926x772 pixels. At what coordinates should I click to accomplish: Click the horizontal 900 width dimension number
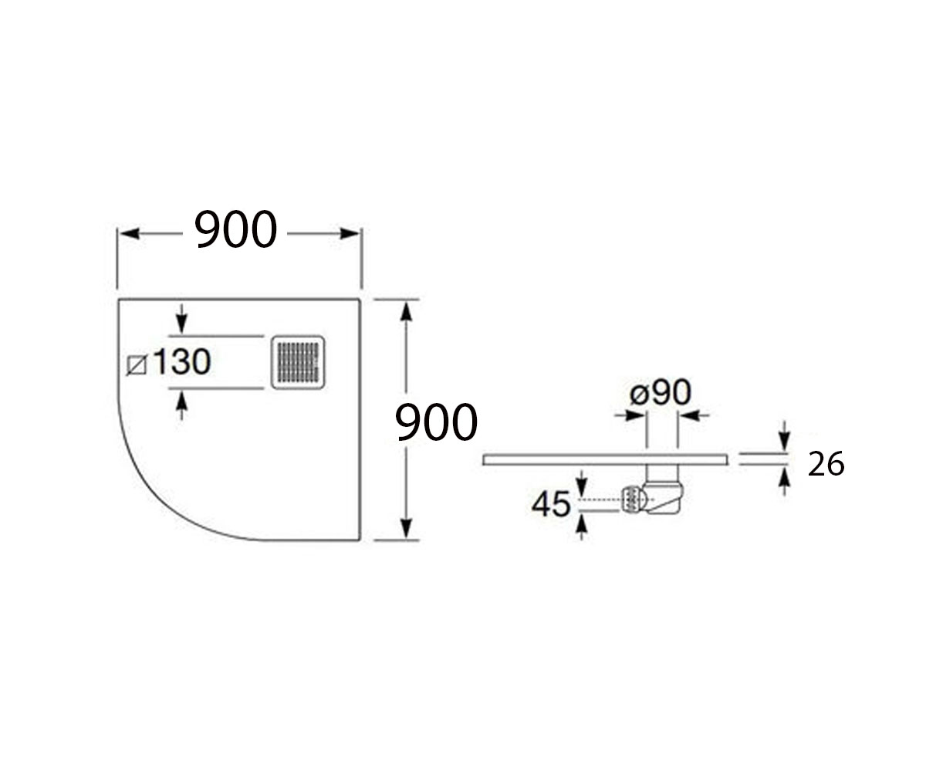coord(235,229)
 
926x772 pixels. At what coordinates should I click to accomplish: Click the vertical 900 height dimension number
coord(436,423)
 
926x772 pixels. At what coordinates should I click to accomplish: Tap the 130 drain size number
coord(182,361)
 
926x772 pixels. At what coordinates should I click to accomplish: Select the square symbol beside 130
coord(137,366)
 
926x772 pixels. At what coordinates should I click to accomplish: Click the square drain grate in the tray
coord(298,363)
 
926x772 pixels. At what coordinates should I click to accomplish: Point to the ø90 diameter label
coord(661,392)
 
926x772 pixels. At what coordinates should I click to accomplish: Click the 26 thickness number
coord(826,464)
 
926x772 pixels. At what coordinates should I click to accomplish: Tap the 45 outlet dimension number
coord(551,504)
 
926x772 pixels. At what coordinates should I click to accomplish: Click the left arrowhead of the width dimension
coord(130,233)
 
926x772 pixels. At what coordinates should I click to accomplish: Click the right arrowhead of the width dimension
coord(350,233)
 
